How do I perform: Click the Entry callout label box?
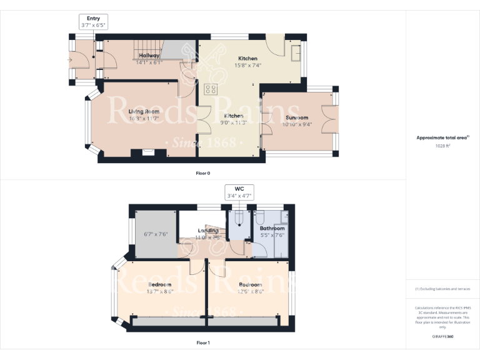coord(94,22)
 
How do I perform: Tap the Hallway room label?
coord(149,56)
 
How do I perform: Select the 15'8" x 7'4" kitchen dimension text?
coord(247,65)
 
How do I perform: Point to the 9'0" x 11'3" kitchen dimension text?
coord(234,123)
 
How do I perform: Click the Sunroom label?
coord(297,117)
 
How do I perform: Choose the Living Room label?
coord(144,111)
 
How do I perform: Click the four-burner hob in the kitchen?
coord(211,89)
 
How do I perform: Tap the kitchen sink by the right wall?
coord(295,52)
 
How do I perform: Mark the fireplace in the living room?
coord(148,151)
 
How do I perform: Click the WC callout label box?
coord(239,192)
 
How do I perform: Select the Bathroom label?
coord(272,229)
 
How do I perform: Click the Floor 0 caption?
coord(202,172)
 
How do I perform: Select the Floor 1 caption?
coord(202,342)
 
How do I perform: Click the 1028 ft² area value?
coord(442,146)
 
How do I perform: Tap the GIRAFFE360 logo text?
coord(442,336)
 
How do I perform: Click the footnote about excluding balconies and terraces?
coord(442,289)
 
